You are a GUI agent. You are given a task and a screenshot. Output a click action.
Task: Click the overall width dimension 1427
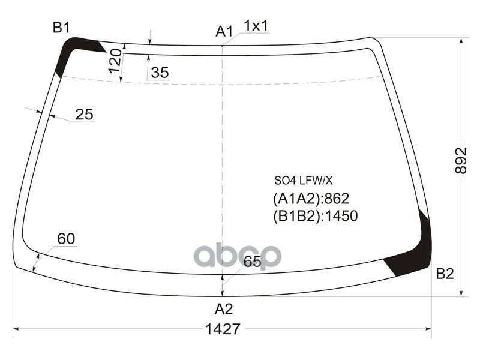tap(223, 329)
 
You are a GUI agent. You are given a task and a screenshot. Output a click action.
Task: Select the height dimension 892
tap(460, 160)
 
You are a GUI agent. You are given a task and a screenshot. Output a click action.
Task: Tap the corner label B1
tap(62, 28)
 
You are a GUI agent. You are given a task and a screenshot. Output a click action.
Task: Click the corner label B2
tap(445, 274)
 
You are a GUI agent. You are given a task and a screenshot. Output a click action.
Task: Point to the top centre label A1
tap(224, 31)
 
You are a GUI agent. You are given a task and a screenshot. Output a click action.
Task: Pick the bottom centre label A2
tap(223, 309)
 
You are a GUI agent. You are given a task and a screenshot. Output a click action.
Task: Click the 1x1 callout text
tap(256, 26)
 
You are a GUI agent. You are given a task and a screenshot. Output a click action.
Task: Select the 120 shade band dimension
tap(115, 61)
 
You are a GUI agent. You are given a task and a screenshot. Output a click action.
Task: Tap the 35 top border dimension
tap(160, 73)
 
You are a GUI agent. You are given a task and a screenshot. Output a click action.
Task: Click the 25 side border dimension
tap(85, 115)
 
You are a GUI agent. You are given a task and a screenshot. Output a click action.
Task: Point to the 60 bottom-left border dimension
tap(66, 239)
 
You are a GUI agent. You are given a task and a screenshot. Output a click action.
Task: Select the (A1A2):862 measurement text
tap(311, 199)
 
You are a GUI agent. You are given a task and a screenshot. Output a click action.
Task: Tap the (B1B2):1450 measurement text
tap(315, 215)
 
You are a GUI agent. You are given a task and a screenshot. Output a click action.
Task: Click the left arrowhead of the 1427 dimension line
tap(16, 329)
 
